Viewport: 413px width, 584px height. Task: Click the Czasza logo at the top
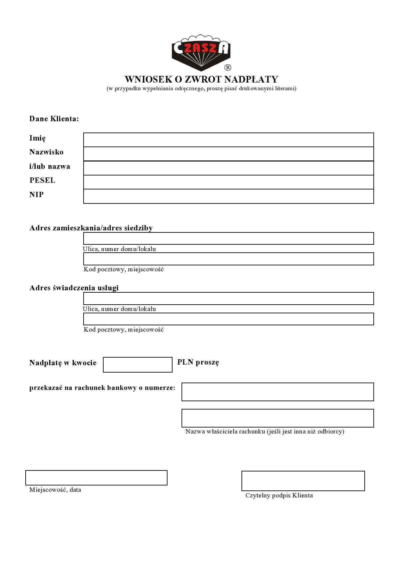pyautogui.click(x=201, y=52)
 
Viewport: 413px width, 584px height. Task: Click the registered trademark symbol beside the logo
pyautogui.click(x=228, y=68)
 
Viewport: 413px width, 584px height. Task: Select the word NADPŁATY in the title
pyautogui.click(x=251, y=79)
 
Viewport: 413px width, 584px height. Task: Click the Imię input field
pyautogui.click(x=228, y=140)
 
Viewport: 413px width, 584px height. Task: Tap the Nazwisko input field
pyautogui.click(x=228, y=154)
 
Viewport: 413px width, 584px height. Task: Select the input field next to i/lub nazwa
pyautogui.click(x=228, y=168)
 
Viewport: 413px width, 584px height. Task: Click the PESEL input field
pyautogui.click(x=228, y=182)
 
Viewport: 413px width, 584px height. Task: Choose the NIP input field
pyautogui.click(x=228, y=196)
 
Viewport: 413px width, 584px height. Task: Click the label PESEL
pyautogui.click(x=42, y=180)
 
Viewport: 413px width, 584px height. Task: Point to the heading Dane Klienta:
pyautogui.click(x=54, y=119)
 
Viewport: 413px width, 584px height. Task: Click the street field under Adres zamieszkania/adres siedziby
pyautogui.click(x=228, y=238)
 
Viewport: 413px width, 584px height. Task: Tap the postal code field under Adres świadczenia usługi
pyautogui.click(x=228, y=319)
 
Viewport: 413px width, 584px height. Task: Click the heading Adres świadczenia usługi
pyautogui.click(x=74, y=288)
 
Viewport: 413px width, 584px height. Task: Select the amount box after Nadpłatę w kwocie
pyautogui.click(x=138, y=365)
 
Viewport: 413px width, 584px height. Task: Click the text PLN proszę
pyautogui.click(x=198, y=362)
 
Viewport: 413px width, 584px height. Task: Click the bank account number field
pyautogui.click(x=277, y=392)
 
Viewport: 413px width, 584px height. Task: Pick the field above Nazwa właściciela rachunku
pyautogui.click(x=277, y=418)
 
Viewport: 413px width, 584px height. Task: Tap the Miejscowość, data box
pyautogui.click(x=96, y=478)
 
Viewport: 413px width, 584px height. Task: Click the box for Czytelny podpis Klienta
pyautogui.click(x=303, y=481)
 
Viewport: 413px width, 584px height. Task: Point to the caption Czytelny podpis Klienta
pyautogui.click(x=279, y=495)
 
